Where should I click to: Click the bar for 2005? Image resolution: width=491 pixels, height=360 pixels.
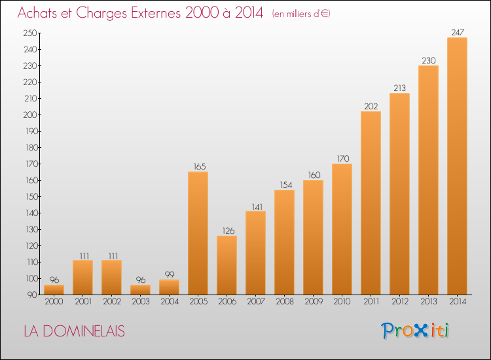point(198,233)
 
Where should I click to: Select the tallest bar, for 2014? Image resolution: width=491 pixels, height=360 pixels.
point(457,166)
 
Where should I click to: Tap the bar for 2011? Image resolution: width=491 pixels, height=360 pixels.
point(371,203)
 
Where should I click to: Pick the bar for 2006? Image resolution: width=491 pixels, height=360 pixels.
point(227,265)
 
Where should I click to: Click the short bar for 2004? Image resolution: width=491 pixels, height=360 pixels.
point(169,287)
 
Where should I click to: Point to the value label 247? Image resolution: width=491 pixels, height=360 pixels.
point(458,32)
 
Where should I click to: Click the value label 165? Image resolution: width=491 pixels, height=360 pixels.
point(200,166)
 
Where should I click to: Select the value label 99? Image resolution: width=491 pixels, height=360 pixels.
point(170,274)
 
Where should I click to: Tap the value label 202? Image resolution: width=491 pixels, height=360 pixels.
point(371,107)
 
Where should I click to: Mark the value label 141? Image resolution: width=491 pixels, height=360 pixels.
point(257,207)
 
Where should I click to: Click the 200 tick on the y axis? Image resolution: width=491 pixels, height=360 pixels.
point(30,115)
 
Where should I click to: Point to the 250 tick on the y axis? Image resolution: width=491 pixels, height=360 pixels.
point(30,33)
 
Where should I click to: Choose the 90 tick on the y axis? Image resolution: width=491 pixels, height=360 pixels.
point(32,295)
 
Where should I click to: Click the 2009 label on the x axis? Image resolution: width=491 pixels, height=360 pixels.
point(314,302)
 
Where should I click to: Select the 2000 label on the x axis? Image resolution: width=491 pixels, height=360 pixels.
point(54,302)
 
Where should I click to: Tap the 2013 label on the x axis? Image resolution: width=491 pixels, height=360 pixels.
point(428,302)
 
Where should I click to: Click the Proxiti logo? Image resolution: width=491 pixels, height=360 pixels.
point(414,331)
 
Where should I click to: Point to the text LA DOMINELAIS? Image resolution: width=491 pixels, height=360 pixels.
point(74,331)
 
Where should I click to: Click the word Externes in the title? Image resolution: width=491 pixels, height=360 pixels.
point(156,13)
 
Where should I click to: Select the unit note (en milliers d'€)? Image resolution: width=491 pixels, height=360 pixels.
point(301,14)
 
